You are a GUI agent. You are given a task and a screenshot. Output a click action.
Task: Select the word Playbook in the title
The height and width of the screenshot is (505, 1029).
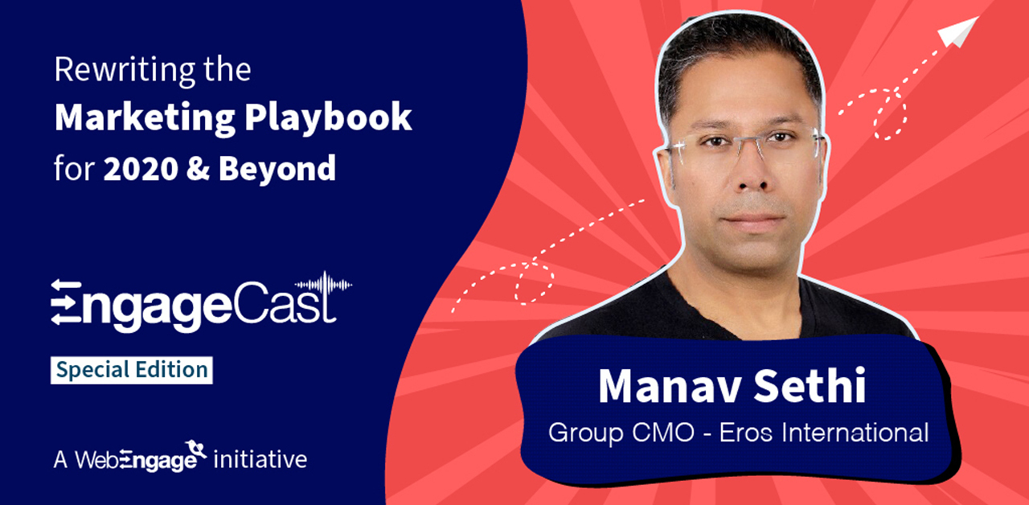coord(328,119)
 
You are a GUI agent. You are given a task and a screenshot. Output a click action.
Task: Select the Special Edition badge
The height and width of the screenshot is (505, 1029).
coord(132,370)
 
